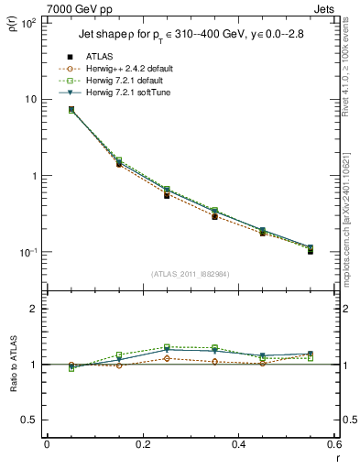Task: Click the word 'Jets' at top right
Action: [325, 7]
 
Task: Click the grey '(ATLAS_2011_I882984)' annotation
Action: [191, 274]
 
